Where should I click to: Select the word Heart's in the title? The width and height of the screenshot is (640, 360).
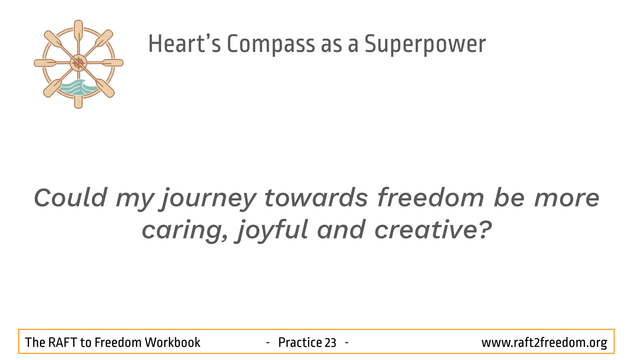pos(184,44)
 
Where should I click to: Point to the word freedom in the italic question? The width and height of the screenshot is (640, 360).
pos(430,197)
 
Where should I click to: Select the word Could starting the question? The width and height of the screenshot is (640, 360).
pos(70,197)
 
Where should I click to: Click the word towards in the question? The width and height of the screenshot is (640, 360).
pos(316,197)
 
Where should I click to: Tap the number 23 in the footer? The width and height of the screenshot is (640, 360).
pos(330,343)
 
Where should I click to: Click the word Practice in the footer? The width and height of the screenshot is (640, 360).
pos(300,342)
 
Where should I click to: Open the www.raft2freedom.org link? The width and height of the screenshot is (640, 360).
pos(544,343)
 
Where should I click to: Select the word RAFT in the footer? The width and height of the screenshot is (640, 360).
pos(63,342)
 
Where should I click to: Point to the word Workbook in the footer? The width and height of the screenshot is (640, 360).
pos(172,342)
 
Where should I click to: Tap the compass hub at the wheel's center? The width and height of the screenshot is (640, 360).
pos(78,63)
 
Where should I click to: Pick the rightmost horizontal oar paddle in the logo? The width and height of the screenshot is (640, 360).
pos(112,63)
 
